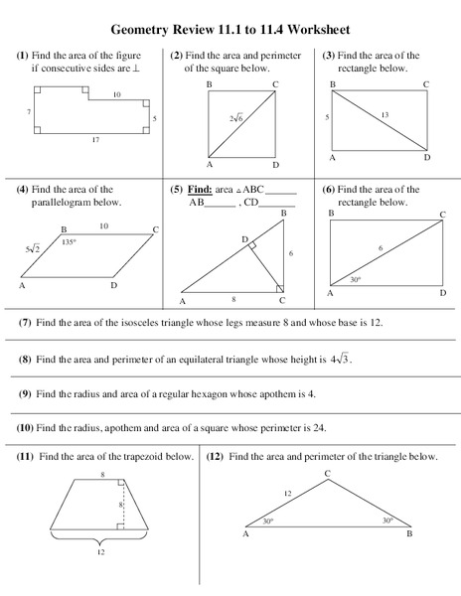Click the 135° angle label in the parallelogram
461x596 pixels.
coord(69,241)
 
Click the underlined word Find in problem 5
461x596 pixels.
coord(199,189)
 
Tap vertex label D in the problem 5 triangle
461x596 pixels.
coord(244,239)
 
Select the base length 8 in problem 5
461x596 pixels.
coord(232,297)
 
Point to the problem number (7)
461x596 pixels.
coord(25,323)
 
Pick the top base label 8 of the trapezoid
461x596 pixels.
coord(101,476)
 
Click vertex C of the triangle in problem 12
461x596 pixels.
coord(327,473)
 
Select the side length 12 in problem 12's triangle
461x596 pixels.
coord(289,494)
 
